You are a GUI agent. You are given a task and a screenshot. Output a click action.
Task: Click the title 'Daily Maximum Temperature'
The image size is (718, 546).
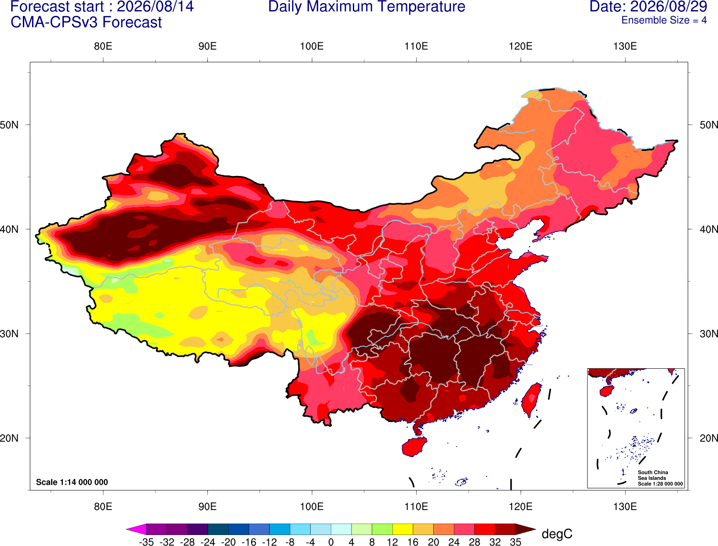(x=366, y=7)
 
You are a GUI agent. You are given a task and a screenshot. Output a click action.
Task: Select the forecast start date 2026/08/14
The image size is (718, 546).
(x=155, y=6)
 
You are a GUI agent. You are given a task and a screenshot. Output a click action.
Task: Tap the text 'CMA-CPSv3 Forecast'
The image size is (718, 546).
(x=86, y=22)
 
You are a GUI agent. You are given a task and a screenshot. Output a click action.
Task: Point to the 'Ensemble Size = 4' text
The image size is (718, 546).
(x=664, y=20)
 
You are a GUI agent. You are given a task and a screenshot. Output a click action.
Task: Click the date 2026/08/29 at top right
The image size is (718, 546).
(x=669, y=6)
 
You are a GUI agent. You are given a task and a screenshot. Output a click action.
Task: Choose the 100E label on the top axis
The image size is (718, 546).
(x=312, y=46)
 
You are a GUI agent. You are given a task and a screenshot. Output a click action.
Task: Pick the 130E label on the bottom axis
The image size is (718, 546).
(x=625, y=506)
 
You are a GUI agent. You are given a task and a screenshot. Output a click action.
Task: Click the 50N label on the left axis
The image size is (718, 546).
(x=9, y=125)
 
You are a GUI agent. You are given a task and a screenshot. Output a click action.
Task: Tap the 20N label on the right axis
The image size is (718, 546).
(x=708, y=438)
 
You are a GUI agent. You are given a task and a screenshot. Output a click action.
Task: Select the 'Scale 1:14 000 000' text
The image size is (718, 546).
(x=72, y=482)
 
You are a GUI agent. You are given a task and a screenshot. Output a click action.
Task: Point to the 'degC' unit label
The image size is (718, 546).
(x=557, y=534)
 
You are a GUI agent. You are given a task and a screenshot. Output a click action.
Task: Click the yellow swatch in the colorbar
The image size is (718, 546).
(x=403, y=529)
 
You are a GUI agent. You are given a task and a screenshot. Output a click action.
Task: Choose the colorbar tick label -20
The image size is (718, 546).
(x=228, y=542)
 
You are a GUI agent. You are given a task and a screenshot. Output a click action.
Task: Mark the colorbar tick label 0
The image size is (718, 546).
(x=331, y=542)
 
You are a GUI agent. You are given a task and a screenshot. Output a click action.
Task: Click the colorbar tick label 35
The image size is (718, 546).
(x=516, y=542)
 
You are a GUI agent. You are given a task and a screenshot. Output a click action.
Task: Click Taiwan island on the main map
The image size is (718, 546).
(x=531, y=400)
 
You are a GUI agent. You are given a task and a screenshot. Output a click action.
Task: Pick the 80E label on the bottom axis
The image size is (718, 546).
(x=103, y=506)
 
